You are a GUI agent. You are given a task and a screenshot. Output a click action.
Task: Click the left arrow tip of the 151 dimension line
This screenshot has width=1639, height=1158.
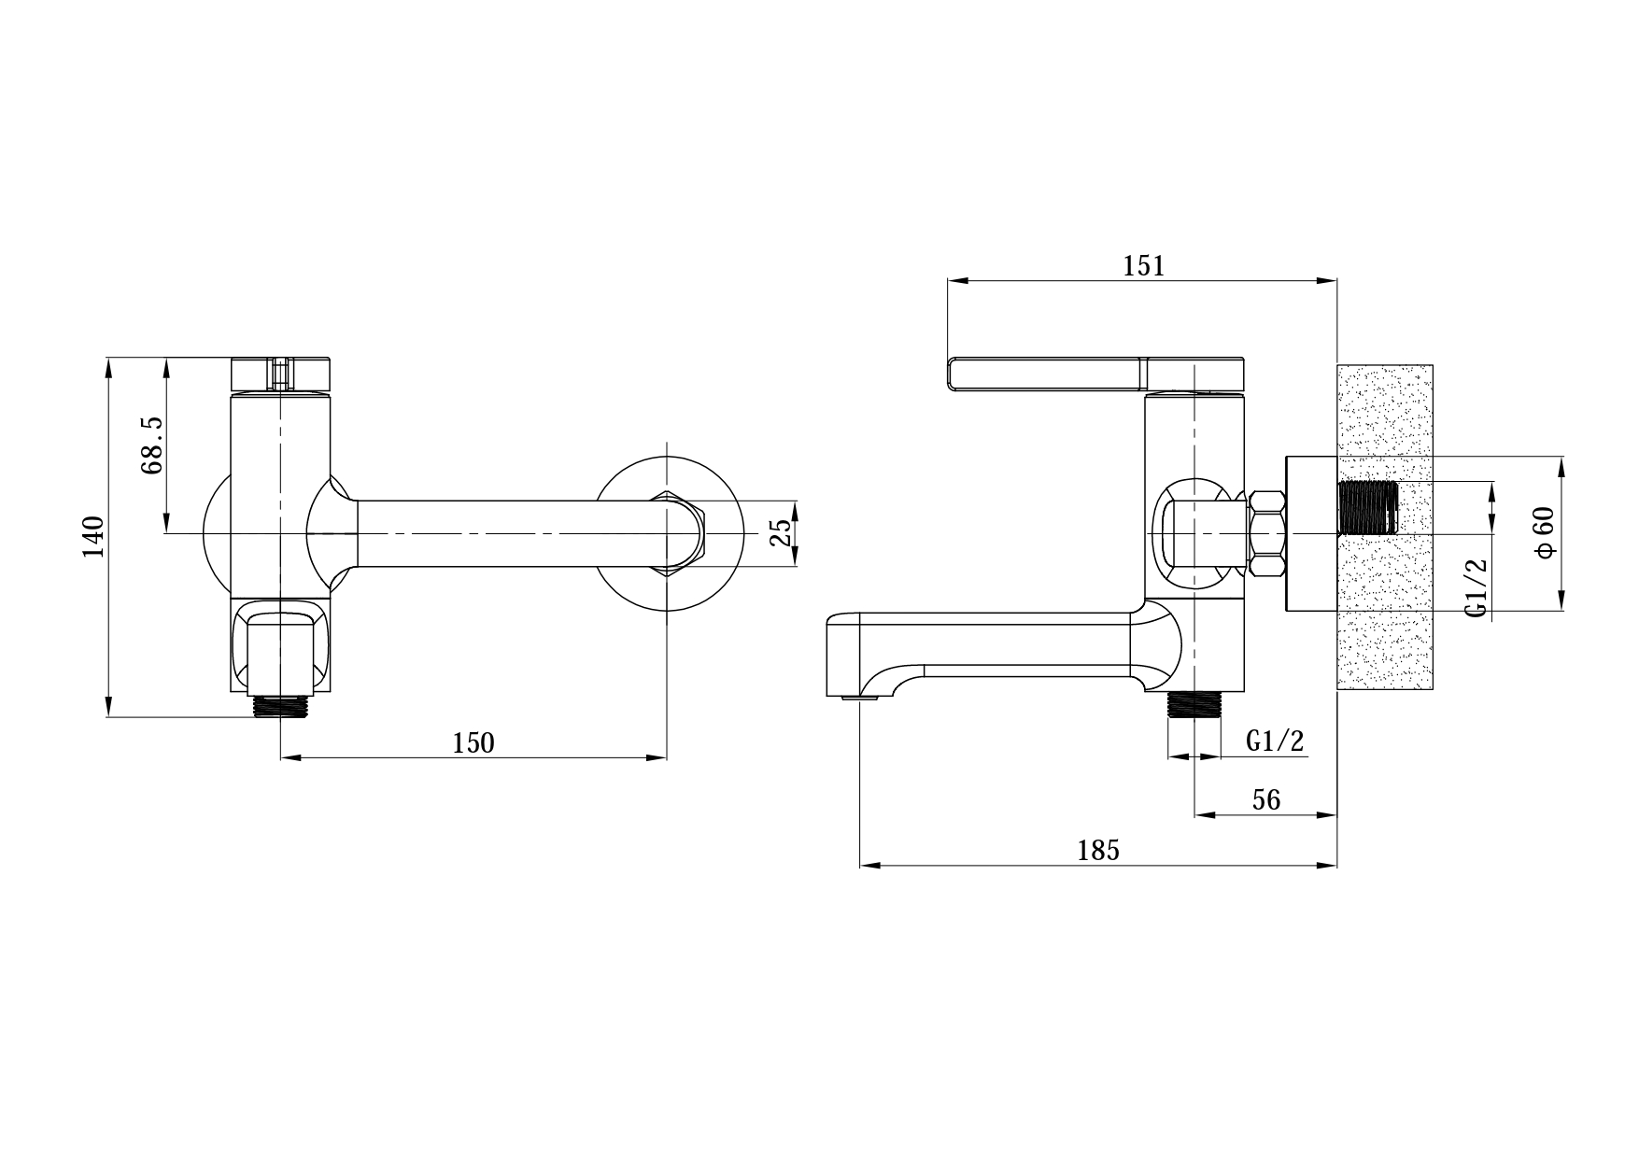pyautogui.click(x=948, y=279)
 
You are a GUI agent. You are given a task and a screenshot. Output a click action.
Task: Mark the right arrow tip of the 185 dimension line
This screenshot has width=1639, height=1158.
pyautogui.click(x=1336, y=866)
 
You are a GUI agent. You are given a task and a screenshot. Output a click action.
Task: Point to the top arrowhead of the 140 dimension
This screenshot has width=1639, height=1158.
pyautogui.click(x=109, y=358)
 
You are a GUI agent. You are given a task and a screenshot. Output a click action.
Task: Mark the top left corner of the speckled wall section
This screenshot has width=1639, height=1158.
pyautogui.click(x=1338, y=364)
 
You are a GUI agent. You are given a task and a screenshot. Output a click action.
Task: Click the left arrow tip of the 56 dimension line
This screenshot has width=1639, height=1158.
pyautogui.click(x=1196, y=815)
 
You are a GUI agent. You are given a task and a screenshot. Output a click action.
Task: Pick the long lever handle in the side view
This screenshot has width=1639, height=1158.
pyautogui.click(x=1096, y=373)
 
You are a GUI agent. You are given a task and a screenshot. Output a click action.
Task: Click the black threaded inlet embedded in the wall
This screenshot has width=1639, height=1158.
pyautogui.click(x=1368, y=507)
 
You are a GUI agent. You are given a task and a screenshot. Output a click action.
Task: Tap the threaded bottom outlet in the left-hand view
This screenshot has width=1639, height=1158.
pyautogui.click(x=280, y=705)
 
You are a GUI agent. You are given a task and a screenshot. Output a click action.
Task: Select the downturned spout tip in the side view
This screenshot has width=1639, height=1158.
pyautogui.click(x=855, y=657)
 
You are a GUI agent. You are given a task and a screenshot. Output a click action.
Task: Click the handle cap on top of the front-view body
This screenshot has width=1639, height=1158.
pyautogui.click(x=280, y=374)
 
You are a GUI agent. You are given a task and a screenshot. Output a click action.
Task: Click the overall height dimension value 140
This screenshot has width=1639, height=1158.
pyautogui.click(x=94, y=537)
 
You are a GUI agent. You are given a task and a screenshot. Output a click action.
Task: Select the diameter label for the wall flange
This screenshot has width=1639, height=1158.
pyautogui.click(x=1545, y=532)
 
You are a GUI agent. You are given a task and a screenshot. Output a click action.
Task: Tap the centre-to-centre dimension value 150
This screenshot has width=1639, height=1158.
pyautogui.click(x=473, y=743)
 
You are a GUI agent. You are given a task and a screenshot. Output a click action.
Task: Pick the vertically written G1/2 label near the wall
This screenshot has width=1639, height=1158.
pyautogui.click(x=1476, y=586)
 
